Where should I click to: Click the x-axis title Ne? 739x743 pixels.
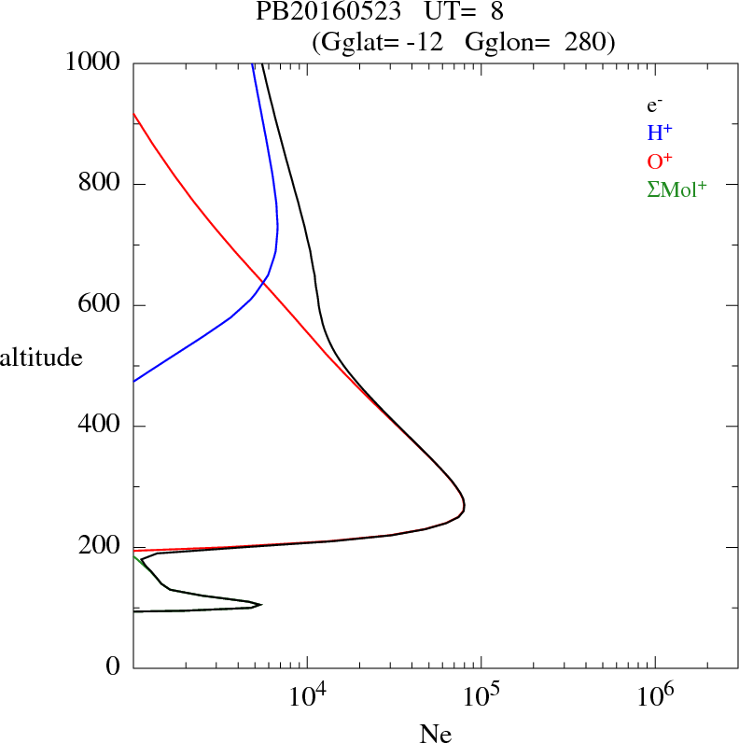point(436,735)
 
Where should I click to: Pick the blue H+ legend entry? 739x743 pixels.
point(659,133)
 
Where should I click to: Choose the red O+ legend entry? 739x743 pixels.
point(660,161)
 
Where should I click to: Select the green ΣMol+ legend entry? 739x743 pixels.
point(676,189)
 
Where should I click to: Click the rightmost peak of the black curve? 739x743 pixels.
point(464,507)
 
